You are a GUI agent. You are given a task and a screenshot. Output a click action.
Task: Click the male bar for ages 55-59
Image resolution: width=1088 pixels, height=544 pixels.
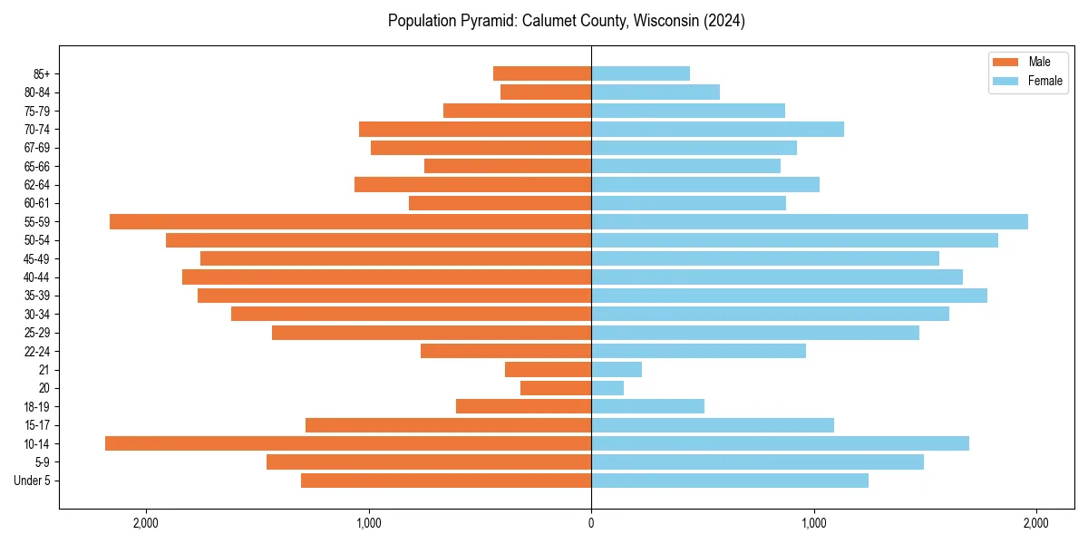[x=350, y=222]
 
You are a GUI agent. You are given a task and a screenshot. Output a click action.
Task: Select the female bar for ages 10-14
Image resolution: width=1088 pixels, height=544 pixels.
[x=780, y=443]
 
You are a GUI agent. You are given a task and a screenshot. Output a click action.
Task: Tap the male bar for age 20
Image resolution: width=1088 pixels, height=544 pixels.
[x=556, y=388]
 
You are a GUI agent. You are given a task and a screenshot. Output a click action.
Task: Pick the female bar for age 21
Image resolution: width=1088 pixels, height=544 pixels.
[x=617, y=370]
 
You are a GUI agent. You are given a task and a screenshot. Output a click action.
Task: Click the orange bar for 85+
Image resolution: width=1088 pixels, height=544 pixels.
[x=542, y=73]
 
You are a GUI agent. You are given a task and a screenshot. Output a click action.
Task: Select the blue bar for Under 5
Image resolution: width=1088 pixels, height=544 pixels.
[x=730, y=481]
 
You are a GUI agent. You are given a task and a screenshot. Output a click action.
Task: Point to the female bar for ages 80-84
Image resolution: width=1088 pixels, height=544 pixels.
[x=656, y=92]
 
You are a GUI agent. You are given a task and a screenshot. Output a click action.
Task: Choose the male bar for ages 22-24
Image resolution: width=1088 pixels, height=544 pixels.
[x=506, y=351]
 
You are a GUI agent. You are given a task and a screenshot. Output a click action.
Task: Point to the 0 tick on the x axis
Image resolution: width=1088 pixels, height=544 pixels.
[x=591, y=523]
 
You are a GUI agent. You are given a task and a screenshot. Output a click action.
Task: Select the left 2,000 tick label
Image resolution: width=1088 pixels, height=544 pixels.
[x=146, y=523]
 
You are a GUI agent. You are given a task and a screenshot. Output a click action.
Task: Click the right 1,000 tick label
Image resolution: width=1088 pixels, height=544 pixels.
[x=813, y=523]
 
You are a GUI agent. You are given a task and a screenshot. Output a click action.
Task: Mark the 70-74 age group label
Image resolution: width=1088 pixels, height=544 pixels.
[x=37, y=130]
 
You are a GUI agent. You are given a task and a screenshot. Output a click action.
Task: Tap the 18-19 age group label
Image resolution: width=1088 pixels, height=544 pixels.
[x=37, y=407]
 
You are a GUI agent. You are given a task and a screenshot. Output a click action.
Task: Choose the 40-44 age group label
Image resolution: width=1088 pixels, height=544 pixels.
[x=37, y=277]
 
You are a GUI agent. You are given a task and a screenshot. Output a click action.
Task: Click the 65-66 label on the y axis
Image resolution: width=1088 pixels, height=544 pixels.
[x=37, y=167]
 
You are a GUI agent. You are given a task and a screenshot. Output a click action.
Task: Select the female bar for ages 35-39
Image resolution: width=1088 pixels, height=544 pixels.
[x=789, y=296]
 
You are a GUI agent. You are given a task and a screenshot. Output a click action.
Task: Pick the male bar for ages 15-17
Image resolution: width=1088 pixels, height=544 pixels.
[x=448, y=425]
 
